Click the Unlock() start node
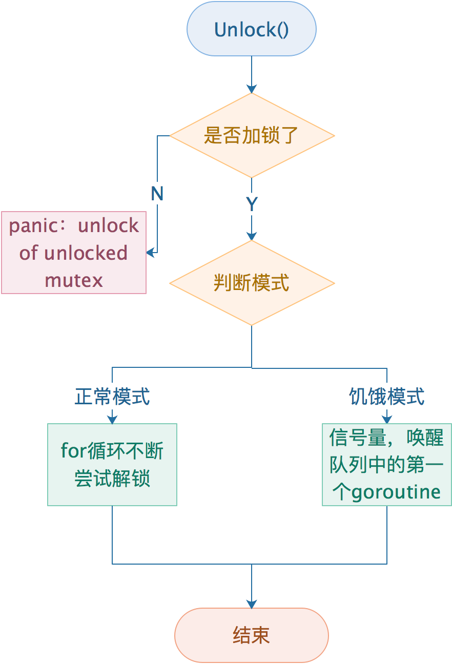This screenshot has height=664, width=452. pyautogui.click(x=251, y=29)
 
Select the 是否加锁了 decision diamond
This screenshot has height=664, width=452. pyautogui.click(x=251, y=136)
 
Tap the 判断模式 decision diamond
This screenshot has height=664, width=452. pyautogui.click(x=251, y=283)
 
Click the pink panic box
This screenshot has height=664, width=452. pyautogui.click(x=74, y=253)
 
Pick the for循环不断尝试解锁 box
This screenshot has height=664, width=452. pyautogui.click(x=112, y=465)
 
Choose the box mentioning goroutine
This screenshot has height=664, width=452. pyautogui.click(x=386, y=465)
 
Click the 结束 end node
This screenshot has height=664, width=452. pyautogui.click(x=251, y=635)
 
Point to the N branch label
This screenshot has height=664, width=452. pyautogui.click(x=157, y=194)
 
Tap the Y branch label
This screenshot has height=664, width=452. pyautogui.click(x=251, y=204)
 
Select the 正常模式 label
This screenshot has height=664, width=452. pyautogui.click(x=112, y=397)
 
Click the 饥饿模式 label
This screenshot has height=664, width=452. pyautogui.click(x=386, y=397)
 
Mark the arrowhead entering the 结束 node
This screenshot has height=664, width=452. pyautogui.click(x=251, y=604)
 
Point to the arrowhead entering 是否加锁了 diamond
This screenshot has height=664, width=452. pyautogui.click(x=251, y=88)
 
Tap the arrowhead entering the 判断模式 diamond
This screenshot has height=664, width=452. pyautogui.click(x=251, y=236)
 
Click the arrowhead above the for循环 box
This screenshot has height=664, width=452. pyautogui.click(x=112, y=419)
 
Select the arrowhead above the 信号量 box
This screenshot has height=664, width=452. pyautogui.click(x=386, y=419)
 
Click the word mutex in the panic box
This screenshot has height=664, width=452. pyautogui.click(x=74, y=280)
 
